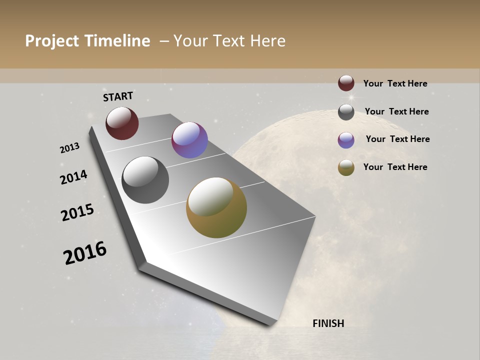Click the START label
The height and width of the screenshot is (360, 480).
118,96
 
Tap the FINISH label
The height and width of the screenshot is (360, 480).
328,323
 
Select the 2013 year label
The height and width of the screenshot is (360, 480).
70,148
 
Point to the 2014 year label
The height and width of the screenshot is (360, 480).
74,177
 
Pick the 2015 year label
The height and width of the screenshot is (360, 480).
77,212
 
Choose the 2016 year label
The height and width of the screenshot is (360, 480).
85,252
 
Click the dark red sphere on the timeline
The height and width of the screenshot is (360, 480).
122,123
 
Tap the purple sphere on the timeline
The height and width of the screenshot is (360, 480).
189,140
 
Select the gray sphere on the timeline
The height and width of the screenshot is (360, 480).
145,180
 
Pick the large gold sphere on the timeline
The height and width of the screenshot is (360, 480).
216,207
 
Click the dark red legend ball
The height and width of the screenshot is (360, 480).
346,83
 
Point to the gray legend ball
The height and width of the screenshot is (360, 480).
346,112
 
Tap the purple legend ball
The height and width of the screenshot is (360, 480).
346,140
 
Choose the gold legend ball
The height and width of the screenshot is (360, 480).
346,167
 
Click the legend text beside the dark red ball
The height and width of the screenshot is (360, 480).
395,83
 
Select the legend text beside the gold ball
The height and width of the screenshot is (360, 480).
395,167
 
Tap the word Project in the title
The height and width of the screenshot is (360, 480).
52,41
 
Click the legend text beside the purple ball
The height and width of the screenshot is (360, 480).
397,139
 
